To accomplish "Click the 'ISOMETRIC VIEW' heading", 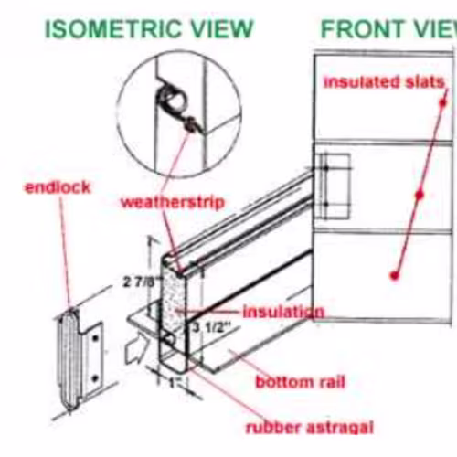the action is pos(149,28).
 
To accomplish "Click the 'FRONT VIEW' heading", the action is pos(389,28).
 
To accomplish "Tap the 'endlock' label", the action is pos(58,187).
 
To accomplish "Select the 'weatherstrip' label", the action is pos(173,202).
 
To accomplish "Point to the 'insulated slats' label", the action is pos(384,82).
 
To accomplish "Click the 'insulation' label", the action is pos(283,312).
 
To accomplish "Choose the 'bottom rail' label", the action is pos(301,382).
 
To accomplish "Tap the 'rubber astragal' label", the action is pos(310,427).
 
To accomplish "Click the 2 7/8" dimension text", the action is pos(141,282).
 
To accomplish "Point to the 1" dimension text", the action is pos(175,383).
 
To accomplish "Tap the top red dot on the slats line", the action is pos(443,103).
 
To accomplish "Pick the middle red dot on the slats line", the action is pos(420,195).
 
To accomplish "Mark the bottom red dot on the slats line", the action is pos(395,276).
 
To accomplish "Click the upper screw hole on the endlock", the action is pos(96,338).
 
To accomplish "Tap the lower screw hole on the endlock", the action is pos(95,378).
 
